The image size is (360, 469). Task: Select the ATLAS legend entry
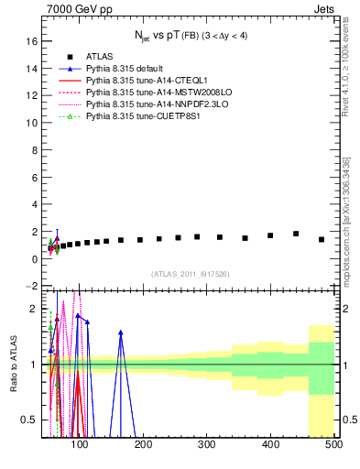(100, 56)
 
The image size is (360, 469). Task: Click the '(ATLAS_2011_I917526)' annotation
(190, 274)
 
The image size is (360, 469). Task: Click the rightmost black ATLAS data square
(322, 239)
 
